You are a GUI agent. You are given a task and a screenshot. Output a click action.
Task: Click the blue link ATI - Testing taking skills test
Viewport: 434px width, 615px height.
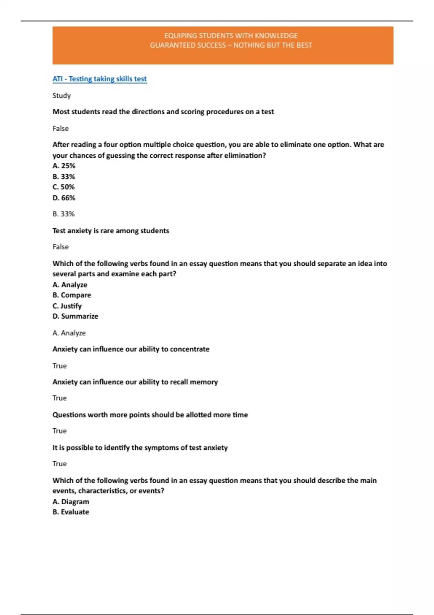click(99, 79)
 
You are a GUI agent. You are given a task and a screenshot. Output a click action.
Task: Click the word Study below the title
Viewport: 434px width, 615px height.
click(61, 96)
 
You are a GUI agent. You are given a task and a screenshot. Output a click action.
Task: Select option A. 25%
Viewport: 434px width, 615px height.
click(64, 166)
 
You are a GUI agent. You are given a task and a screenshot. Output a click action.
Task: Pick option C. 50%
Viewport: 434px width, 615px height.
click(64, 187)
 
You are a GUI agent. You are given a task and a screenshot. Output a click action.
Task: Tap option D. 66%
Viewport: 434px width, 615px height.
click(64, 198)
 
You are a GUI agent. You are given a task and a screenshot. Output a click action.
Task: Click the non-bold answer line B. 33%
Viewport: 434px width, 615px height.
click(64, 214)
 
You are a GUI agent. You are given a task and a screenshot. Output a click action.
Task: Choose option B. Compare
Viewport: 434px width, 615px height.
click(72, 295)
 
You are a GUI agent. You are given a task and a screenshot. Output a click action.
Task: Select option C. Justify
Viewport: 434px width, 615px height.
click(67, 306)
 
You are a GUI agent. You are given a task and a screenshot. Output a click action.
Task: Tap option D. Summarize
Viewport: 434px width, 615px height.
click(75, 316)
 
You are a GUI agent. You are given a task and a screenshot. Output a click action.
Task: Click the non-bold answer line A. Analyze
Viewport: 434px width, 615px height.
click(69, 333)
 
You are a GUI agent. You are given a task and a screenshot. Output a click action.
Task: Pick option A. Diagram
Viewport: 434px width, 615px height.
click(71, 501)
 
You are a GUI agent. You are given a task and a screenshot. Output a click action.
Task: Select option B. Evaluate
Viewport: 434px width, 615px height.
click(71, 512)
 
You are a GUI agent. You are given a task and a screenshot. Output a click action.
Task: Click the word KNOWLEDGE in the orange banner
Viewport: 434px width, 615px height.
click(276, 36)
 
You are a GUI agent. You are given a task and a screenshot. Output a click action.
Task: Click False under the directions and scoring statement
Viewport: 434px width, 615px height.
click(60, 128)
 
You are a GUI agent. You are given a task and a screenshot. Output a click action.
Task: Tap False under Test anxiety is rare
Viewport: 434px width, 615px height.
click(60, 247)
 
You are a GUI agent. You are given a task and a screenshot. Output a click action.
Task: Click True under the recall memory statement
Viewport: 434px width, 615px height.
click(60, 398)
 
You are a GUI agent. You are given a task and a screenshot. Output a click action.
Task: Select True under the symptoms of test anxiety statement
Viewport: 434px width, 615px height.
click(60, 464)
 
